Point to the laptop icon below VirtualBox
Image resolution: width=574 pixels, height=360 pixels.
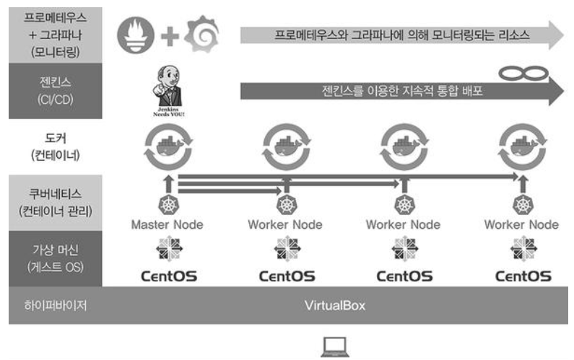click(334, 347)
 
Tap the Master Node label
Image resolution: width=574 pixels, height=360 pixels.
click(167, 224)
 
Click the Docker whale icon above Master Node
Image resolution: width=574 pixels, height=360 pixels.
click(168, 146)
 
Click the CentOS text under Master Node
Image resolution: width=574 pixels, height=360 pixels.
click(167, 275)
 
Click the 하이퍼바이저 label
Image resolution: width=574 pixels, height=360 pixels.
click(53, 304)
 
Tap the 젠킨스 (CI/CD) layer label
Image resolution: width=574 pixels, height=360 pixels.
click(53, 90)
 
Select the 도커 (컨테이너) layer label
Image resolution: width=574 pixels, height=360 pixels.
click(53, 146)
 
